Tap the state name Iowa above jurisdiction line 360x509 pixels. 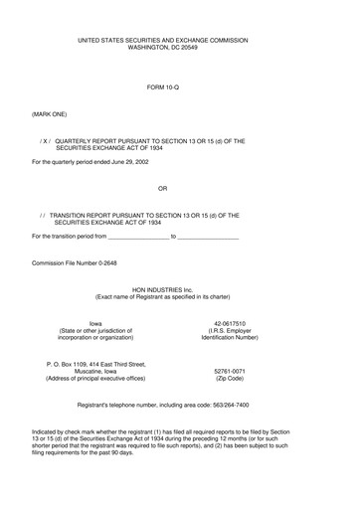[x=95, y=323]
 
